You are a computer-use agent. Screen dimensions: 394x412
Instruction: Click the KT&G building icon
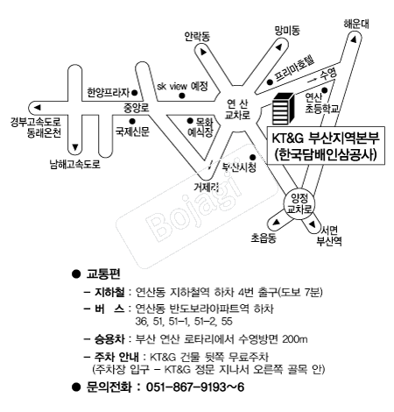[x=283, y=109]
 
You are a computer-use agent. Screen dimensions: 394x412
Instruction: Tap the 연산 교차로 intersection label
[x=237, y=110]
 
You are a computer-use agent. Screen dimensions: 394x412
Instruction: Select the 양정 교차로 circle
[x=299, y=203]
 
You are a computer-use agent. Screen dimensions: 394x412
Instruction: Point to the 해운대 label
[x=355, y=24]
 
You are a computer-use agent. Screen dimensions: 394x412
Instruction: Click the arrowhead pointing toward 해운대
[x=353, y=39]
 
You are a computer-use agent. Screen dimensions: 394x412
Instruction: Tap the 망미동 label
[x=287, y=31]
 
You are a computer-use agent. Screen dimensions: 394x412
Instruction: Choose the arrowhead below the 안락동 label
[x=203, y=52]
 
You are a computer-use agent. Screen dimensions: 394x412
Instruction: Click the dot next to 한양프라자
[x=135, y=93]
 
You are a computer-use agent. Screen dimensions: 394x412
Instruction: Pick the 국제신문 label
[x=132, y=131]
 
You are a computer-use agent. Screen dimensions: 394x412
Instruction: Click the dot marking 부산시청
[x=253, y=157]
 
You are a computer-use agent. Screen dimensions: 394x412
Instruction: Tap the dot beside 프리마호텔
[x=271, y=82]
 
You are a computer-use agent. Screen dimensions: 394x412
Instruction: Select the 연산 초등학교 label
[x=322, y=103]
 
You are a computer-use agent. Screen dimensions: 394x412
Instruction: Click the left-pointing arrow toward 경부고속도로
[x=37, y=108]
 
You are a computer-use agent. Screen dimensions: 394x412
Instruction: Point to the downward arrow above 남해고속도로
[x=75, y=147]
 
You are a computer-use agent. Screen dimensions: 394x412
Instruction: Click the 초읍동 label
[x=264, y=238]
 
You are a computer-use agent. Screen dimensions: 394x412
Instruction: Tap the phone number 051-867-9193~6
[x=195, y=387]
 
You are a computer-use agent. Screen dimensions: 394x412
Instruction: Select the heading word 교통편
[x=103, y=273]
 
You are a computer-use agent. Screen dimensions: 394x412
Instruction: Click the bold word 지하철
[x=109, y=292]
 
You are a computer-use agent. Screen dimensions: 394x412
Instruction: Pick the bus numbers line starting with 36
[x=184, y=322]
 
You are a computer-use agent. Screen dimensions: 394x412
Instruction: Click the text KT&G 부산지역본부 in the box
[x=326, y=138]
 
